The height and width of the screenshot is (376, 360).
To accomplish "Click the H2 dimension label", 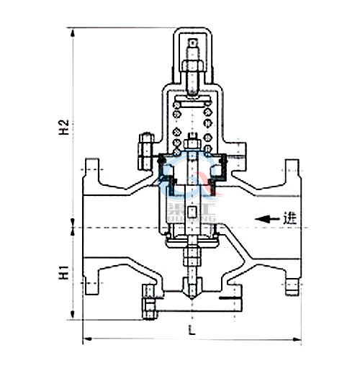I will pos(63,127).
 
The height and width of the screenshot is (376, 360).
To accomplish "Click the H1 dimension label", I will pos(63,274).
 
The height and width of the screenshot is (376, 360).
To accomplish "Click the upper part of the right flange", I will pos(292,173).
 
